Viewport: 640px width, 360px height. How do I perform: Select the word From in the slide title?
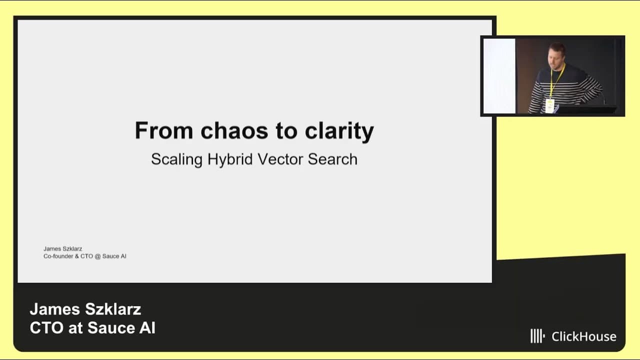[163, 131]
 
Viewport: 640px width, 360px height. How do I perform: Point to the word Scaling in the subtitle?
[176, 159]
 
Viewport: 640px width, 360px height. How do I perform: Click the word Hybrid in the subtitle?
[230, 159]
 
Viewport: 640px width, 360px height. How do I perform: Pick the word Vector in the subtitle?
[280, 159]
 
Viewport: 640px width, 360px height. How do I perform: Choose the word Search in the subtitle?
[332, 159]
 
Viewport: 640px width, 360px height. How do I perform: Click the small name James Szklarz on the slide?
[62, 248]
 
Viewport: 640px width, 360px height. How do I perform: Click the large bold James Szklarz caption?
[85, 309]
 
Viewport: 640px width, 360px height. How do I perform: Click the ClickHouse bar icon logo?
[537, 336]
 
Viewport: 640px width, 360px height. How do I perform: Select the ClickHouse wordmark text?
[583, 336]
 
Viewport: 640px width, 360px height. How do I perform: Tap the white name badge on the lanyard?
[549, 105]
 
